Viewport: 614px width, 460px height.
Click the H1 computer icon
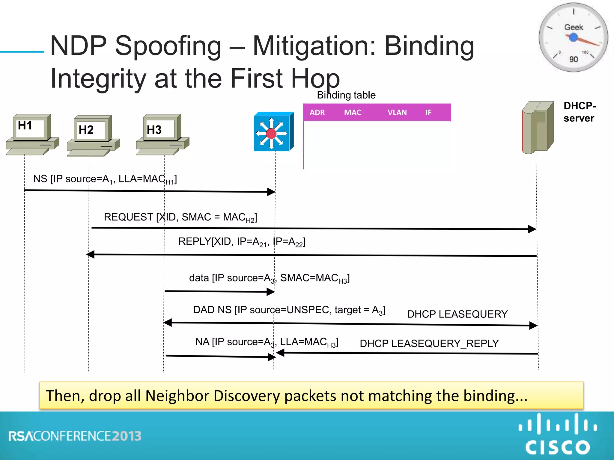(32, 135)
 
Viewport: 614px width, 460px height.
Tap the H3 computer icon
(162, 135)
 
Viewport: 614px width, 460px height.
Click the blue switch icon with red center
(273, 132)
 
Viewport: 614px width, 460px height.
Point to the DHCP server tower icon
(538, 127)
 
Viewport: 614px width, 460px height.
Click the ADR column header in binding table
(317, 113)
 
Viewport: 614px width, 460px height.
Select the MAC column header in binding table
(353, 113)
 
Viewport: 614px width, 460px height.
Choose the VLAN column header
(397, 113)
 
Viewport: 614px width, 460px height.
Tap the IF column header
(428, 113)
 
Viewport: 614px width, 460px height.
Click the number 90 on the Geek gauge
(574, 59)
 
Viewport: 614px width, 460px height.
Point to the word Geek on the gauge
(574, 27)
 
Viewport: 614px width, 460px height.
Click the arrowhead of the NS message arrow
(271, 192)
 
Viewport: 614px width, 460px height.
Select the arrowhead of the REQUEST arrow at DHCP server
(532, 229)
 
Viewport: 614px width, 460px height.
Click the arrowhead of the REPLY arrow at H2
(90, 255)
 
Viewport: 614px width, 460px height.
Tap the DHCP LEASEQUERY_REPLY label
(429, 344)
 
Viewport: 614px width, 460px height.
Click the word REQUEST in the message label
(128, 217)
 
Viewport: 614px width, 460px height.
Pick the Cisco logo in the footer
(557, 434)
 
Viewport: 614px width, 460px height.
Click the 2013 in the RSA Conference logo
(127, 436)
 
